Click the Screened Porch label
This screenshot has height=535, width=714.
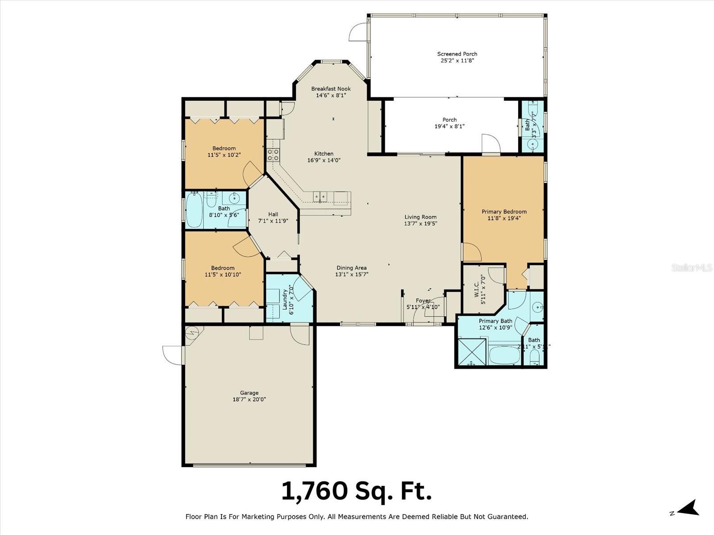pyautogui.click(x=457, y=54)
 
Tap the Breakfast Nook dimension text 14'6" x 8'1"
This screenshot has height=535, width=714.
pyautogui.click(x=331, y=95)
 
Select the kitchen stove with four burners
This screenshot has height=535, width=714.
pyautogui.click(x=273, y=155)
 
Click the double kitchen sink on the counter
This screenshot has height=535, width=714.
pyautogui.click(x=319, y=196)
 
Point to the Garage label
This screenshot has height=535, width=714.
pyautogui.click(x=249, y=393)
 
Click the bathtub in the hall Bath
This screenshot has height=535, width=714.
pyautogui.click(x=195, y=210)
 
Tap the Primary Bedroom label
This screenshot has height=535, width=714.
pyautogui.click(x=504, y=212)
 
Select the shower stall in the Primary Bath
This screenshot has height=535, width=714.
pyautogui.click(x=470, y=352)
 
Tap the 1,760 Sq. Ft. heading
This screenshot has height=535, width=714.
pyautogui.click(x=357, y=491)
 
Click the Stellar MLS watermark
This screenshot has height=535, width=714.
pyautogui.click(x=692, y=268)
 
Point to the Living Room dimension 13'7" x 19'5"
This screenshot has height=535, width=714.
pyautogui.click(x=420, y=224)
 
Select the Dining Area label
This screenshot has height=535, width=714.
pyautogui.click(x=351, y=268)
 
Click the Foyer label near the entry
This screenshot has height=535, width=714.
pyautogui.click(x=423, y=300)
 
